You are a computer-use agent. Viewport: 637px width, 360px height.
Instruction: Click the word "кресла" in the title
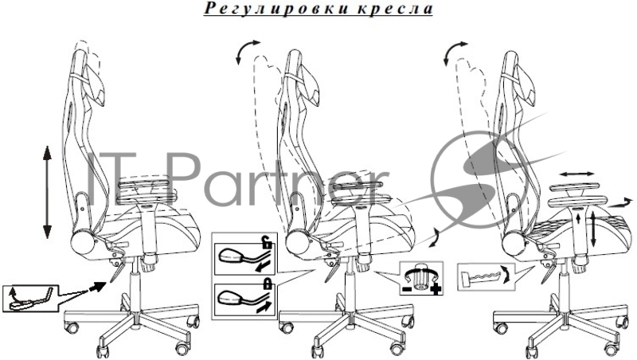point(395,9)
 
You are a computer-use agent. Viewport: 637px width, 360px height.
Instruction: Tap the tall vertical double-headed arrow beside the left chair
point(47,192)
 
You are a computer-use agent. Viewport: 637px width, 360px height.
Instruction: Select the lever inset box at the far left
point(30,298)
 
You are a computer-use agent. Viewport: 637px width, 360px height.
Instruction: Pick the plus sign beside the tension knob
point(436,290)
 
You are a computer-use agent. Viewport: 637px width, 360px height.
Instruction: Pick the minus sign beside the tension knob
point(406,289)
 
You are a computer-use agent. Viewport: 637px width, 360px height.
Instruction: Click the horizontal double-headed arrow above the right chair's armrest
point(576,174)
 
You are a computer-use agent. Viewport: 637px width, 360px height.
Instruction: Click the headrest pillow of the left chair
point(95,86)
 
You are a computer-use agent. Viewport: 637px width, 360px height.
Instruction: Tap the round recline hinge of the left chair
point(84,243)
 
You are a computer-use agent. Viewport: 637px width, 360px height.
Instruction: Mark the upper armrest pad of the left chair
point(144,184)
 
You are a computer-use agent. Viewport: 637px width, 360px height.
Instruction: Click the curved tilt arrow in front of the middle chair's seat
point(436,237)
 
